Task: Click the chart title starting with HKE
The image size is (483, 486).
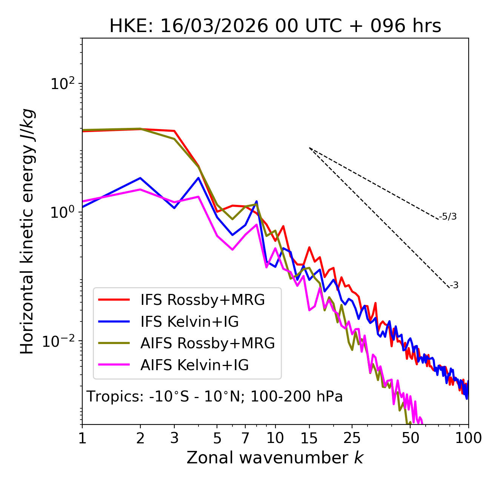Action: click(x=275, y=26)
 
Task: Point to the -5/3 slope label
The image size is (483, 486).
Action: click(x=448, y=217)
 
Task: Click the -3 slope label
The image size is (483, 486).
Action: click(x=454, y=286)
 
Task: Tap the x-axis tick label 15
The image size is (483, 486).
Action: click(x=309, y=438)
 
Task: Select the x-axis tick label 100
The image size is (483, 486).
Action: click(x=468, y=438)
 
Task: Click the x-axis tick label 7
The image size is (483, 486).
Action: click(x=246, y=438)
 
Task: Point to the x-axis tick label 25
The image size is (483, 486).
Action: click(x=352, y=438)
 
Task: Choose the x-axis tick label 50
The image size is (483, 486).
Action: click(x=411, y=438)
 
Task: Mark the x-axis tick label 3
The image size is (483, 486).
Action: click(x=174, y=438)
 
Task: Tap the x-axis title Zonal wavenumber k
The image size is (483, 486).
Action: click(x=275, y=458)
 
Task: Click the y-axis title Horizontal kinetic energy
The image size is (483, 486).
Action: click(x=27, y=231)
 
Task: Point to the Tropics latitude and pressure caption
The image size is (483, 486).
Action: click(x=215, y=397)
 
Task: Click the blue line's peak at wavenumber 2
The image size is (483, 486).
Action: click(x=140, y=178)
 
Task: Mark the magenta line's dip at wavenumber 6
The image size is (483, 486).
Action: click(x=232, y=249)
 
